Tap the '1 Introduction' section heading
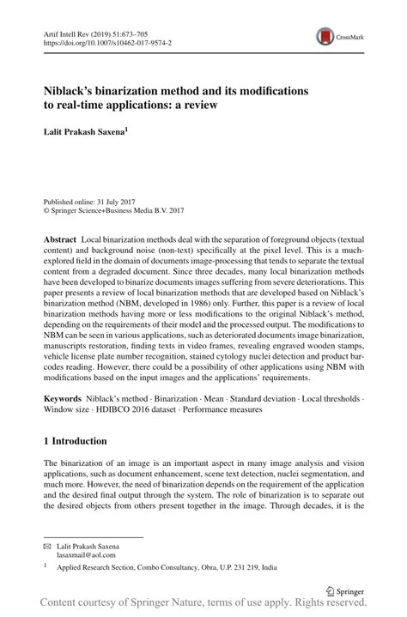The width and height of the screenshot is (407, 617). click(x=76, y=441)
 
